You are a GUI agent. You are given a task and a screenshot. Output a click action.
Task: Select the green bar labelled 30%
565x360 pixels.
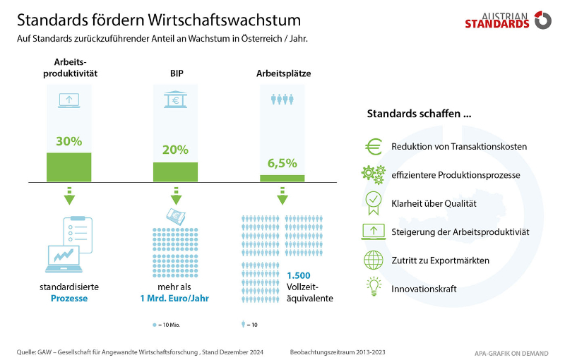click(69, 167)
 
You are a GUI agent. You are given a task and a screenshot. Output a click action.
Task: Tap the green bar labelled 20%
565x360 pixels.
click(175, 172)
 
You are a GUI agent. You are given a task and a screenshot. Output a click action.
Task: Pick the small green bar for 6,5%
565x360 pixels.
click(282, 178)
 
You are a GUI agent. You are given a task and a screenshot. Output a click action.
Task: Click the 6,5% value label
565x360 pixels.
click(282, 164)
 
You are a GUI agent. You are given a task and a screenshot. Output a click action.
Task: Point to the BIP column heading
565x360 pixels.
click(175, 73)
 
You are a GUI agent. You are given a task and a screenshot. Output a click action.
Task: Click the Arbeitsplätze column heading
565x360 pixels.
click(283, 73)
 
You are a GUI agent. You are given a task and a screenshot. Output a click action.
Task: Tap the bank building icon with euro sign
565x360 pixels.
click(175, 100)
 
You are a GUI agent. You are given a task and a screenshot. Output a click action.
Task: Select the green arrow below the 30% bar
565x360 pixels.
click(69, 196)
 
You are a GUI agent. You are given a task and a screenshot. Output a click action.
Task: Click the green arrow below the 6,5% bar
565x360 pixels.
click(282, 196)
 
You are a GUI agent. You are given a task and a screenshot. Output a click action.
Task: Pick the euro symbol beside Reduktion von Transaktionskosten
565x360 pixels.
click(373, 147)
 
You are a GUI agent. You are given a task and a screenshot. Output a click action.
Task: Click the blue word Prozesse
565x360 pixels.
click(69, 298)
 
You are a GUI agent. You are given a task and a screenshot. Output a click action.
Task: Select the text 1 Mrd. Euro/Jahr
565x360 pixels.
click(175, 298)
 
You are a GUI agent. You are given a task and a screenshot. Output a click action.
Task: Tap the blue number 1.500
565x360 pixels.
click(299, 276)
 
